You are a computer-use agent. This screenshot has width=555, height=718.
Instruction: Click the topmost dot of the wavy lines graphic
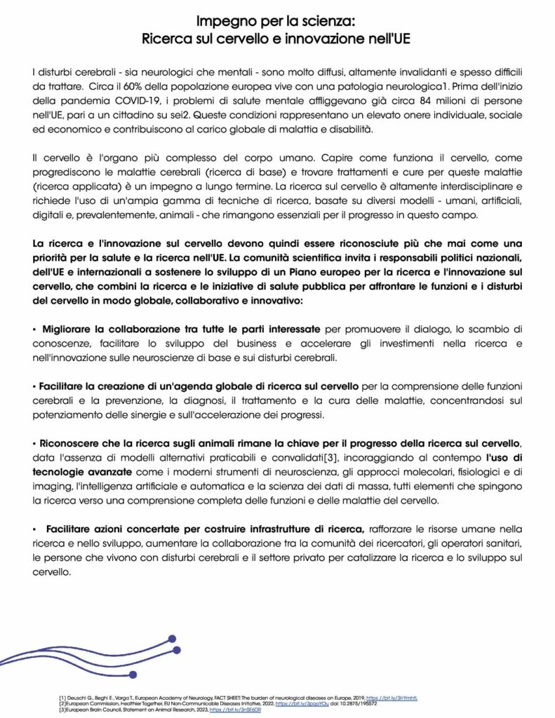point(172,639)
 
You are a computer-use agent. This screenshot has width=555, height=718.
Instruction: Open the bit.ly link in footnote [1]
point(406,698)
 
